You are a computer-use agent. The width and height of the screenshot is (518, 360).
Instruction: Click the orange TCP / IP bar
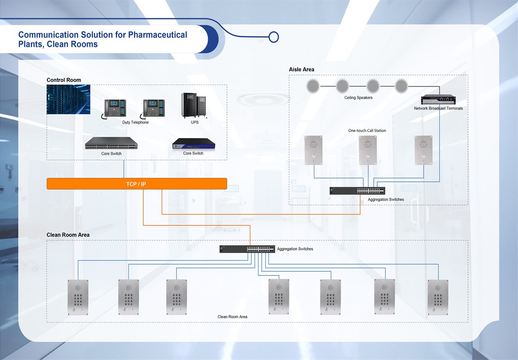click(136, 184)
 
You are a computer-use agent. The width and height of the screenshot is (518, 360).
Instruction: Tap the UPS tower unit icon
click(193, 106)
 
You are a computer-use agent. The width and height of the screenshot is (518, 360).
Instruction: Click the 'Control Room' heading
click(64, 80)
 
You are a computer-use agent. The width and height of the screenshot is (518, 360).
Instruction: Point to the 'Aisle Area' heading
click(301, 69)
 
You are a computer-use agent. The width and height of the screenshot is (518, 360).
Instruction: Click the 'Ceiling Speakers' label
click(358, 98)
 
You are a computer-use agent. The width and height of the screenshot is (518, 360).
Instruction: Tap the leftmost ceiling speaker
click(313, 85)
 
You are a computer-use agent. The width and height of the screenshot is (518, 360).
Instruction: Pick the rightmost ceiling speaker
click(401, 85)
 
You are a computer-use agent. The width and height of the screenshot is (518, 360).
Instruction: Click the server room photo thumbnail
click(68, 99)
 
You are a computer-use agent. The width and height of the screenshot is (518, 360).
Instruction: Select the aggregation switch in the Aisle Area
click(357, 191)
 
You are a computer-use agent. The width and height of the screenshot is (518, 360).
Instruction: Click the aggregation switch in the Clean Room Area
click(247, 249)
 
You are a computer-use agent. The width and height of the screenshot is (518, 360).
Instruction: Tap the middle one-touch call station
click(368, 150)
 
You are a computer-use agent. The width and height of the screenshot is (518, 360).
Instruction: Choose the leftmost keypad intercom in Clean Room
click(78, 297)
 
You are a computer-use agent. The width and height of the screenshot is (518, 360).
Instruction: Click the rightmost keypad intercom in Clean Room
click(438, 297)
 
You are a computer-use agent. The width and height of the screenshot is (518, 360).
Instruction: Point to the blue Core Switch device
click(193, 144)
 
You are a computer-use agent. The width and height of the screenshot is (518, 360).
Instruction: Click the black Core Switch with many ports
click(111, 144)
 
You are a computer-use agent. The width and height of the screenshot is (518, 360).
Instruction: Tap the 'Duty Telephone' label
click(135, 122)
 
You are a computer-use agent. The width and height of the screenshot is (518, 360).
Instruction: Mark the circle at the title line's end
click(273, 37)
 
